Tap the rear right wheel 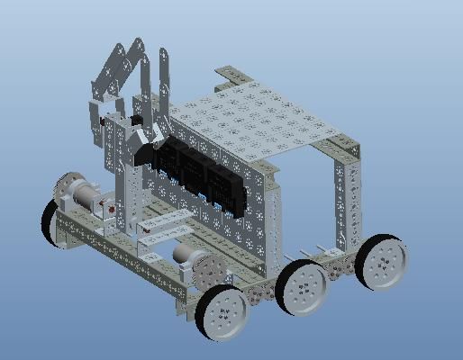381,262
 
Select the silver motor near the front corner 185,255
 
